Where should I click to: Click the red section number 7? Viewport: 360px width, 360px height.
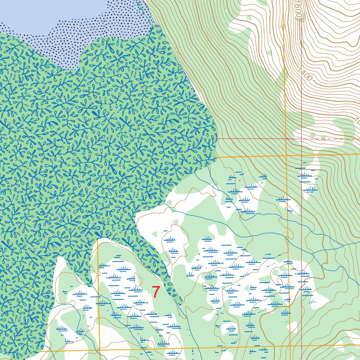click(156, 292)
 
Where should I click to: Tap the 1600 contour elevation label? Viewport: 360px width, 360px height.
click(298, 9)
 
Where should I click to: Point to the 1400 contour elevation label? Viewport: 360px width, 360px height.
click(304, 75)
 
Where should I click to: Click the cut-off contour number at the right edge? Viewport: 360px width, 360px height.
click(357, 122)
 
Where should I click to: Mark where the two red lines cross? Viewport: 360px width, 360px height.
click(302, 139)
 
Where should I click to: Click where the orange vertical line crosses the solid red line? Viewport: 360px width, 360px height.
click(287, 139)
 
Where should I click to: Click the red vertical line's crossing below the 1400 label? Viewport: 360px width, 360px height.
click(302, 154)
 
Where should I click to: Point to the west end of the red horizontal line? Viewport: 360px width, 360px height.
click(218, 139)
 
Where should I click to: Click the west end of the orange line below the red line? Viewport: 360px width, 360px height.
click(218, 157)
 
